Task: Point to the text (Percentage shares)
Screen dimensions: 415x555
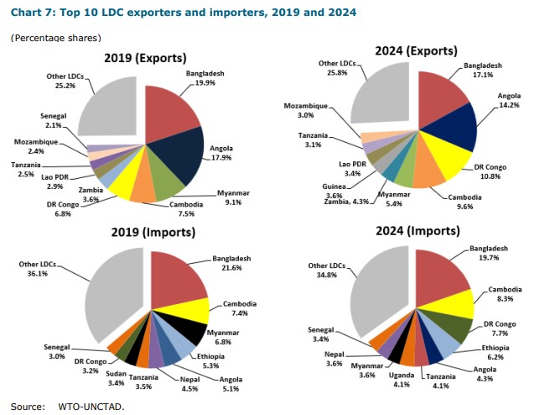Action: coord(55,39)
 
